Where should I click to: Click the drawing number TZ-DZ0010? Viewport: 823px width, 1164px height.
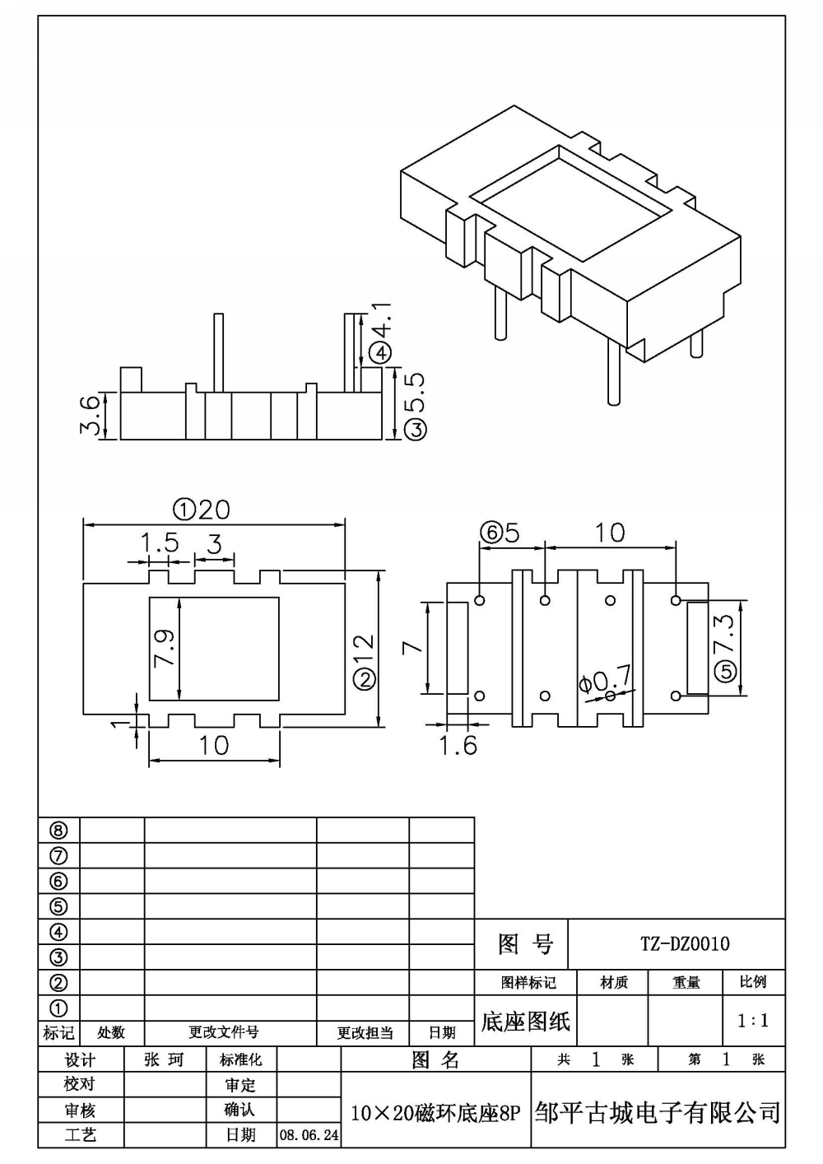coord(685,943)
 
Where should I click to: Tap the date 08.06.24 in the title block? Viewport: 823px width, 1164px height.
coord(309,1135)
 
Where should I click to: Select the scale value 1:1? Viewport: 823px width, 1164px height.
coord(753,1021)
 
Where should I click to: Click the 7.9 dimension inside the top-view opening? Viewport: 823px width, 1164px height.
coord(165,648)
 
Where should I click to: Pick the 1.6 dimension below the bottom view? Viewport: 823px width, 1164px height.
coord(458,745)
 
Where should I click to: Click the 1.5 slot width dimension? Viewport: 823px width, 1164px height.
coord(159,543)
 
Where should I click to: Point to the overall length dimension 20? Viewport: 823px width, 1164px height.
coord(213,510)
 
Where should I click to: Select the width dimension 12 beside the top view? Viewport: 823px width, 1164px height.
coord(365,650)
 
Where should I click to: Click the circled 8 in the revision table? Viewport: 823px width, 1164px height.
coord(58,831)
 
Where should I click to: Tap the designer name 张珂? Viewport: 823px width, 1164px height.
coord(164,1059)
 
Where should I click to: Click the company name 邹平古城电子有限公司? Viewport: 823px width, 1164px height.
coord(657,1113)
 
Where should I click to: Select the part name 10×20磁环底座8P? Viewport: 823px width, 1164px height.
coord(435,1114)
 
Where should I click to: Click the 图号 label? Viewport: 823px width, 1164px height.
coord(525,944)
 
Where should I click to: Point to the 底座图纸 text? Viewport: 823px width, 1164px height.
coord(525,1022)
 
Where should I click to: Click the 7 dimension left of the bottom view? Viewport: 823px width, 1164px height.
coord(413,647)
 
